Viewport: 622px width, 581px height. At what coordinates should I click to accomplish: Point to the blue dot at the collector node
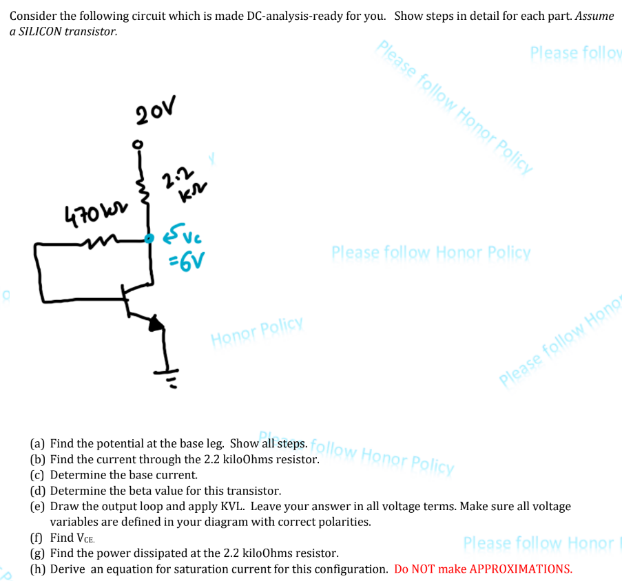point(149,238)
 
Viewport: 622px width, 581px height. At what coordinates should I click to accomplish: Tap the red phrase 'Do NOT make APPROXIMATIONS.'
point(483,569)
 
